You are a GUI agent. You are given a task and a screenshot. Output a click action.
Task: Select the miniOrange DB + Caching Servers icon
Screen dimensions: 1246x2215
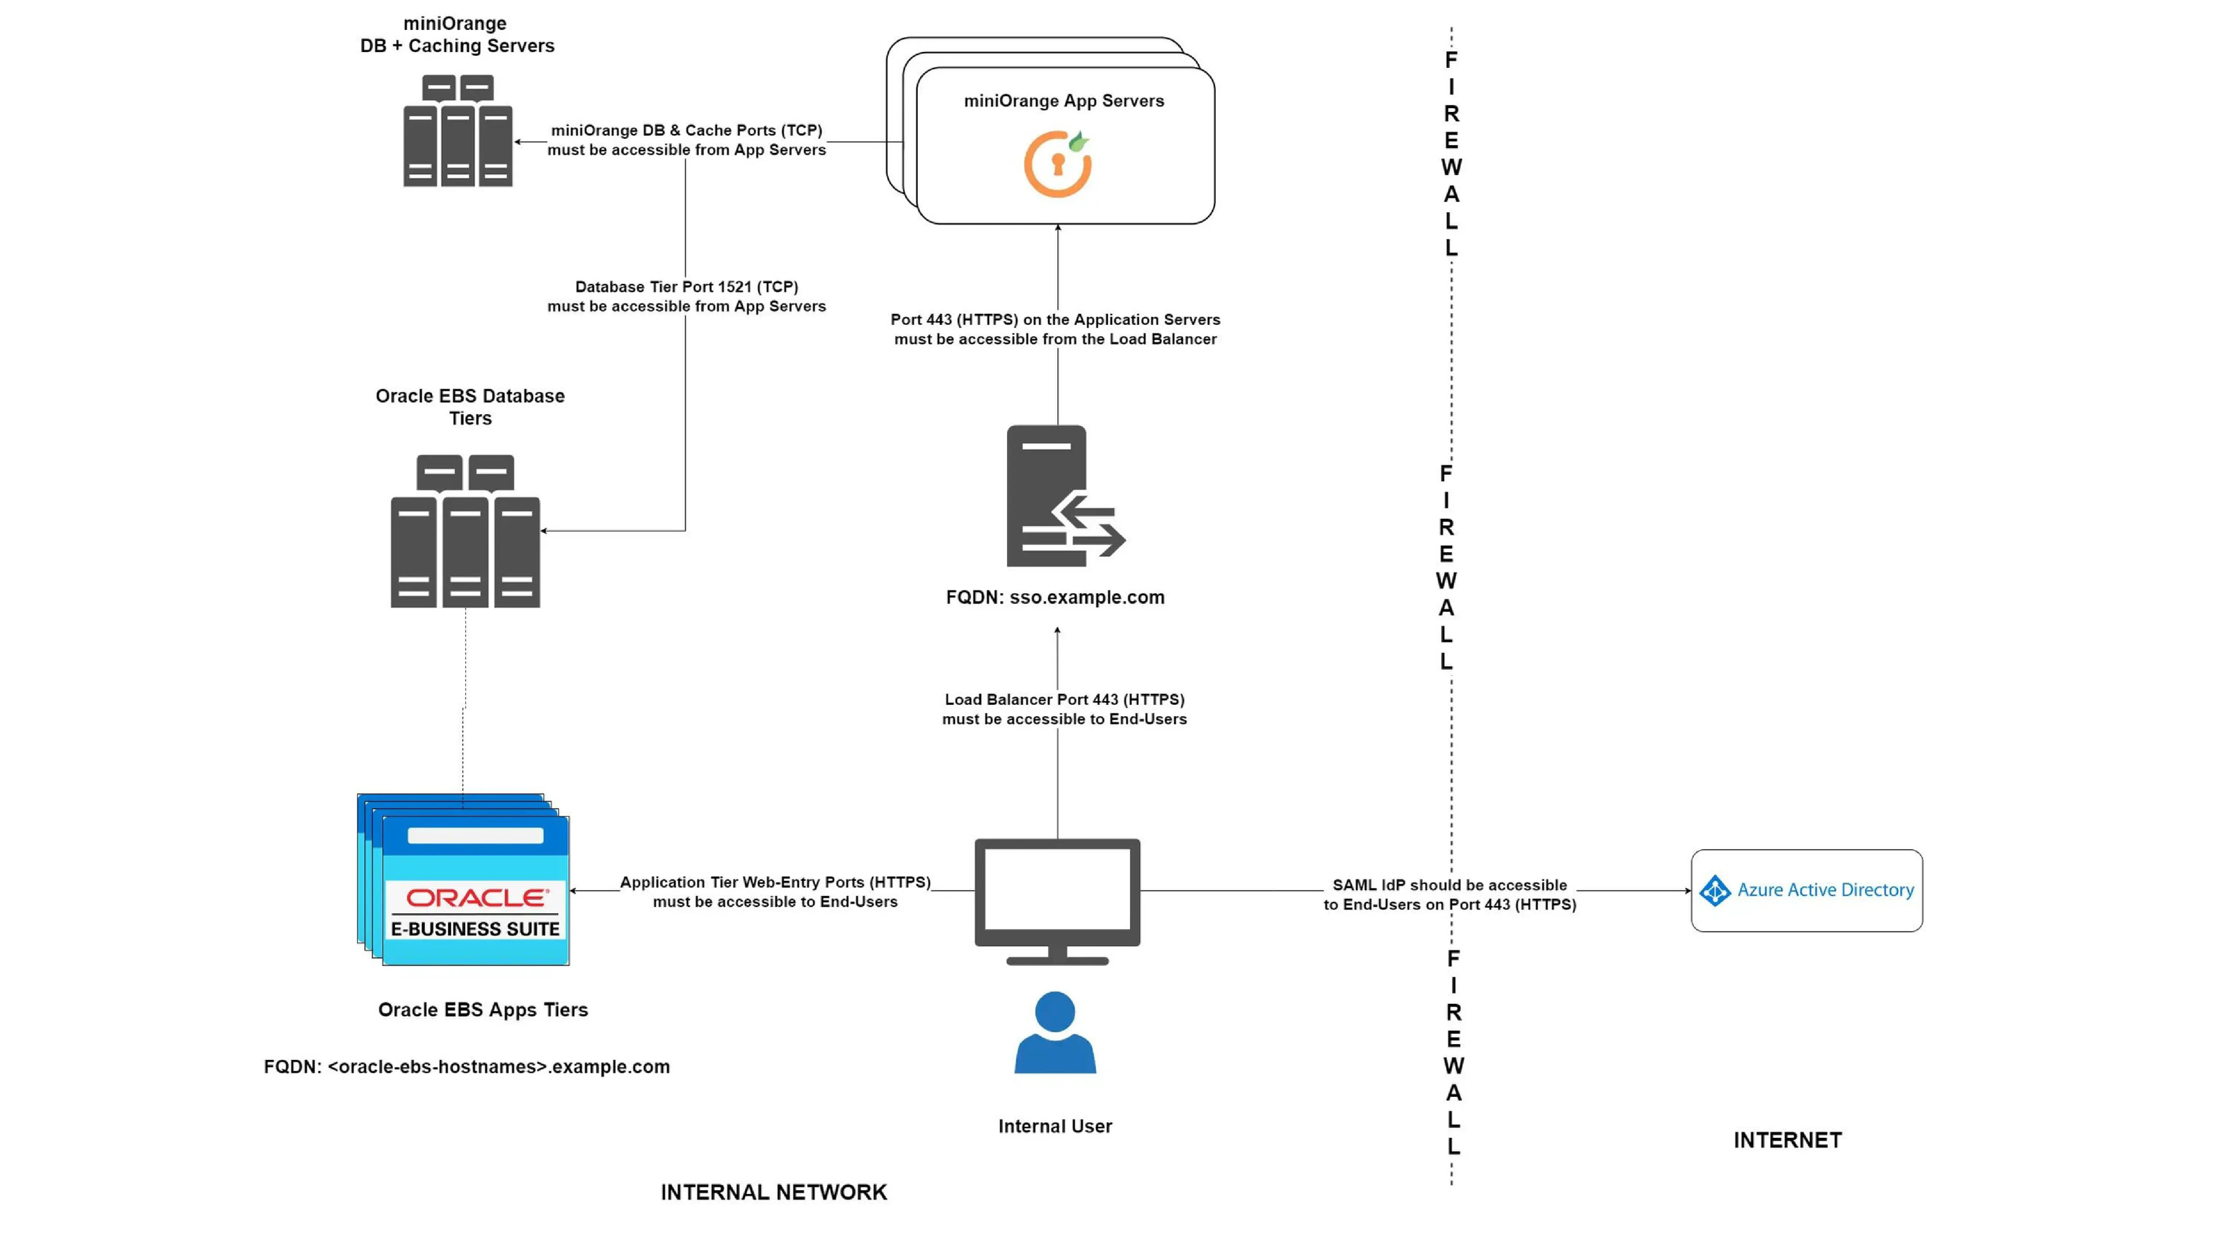457,131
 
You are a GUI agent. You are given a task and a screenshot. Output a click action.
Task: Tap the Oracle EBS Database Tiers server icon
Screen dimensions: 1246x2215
465,531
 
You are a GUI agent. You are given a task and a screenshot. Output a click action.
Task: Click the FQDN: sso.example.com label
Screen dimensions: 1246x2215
1055,597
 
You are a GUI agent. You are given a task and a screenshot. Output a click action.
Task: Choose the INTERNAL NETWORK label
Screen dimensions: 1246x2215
773,1192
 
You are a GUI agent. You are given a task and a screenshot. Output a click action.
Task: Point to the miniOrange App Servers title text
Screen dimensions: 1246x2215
1064,101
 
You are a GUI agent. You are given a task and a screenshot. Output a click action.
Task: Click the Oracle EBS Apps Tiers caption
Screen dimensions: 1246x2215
483,1009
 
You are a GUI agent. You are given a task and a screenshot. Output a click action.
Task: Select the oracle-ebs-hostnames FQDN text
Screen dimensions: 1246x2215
466,1066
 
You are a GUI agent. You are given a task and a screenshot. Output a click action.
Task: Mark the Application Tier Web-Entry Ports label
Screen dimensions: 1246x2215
775,882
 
